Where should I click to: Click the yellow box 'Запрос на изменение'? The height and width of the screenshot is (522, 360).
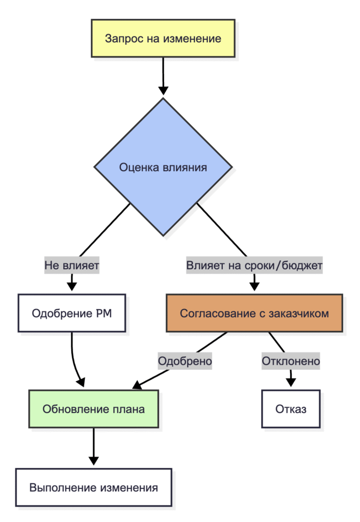coord(163,38)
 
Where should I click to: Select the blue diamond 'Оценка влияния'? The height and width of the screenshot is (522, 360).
coord(163,167)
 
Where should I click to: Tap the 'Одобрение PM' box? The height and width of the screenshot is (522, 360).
coord(71,313)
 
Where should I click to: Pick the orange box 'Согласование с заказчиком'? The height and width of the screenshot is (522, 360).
coord(254,313)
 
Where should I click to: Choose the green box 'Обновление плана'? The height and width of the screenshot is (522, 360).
coord(94,409)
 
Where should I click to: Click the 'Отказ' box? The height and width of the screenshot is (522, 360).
coord(291,409)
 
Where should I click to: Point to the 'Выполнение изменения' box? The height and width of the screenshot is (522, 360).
coord(94,487)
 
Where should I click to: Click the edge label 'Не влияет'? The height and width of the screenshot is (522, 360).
coord(71,266)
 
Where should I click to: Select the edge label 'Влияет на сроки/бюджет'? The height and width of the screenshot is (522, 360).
coord(254,266)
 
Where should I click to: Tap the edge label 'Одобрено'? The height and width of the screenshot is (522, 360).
coord(185,361)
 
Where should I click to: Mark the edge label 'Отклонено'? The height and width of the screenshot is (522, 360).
coord(291,361)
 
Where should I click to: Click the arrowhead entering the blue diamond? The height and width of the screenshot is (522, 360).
coord(163,91)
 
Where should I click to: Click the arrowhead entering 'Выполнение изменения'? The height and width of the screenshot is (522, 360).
coord(94,460)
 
